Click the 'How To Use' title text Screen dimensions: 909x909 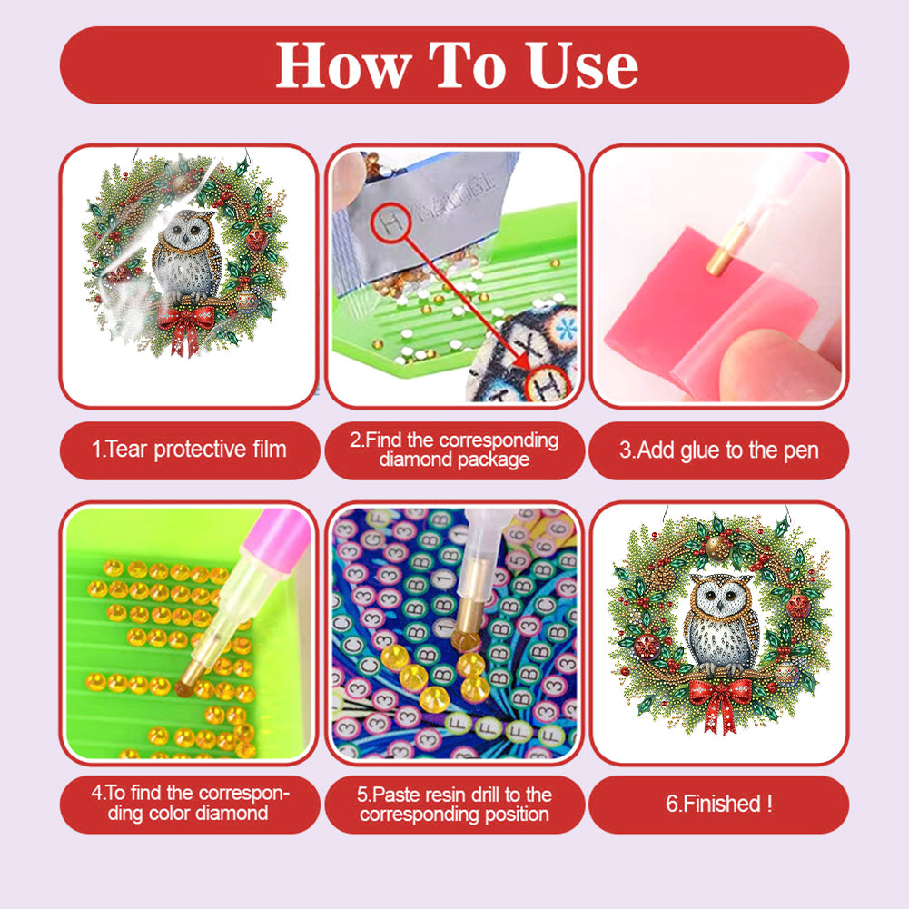456,64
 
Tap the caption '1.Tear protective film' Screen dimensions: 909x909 189,450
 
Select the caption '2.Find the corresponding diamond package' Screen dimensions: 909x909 454,450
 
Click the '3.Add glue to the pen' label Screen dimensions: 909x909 718,450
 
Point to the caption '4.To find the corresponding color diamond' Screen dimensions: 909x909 189,803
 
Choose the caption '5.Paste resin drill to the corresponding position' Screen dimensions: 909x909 454,804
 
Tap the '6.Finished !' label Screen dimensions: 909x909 718,804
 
